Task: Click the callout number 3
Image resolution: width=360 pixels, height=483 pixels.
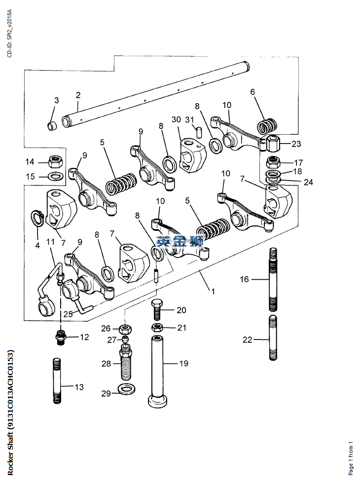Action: click(x=56, y=100)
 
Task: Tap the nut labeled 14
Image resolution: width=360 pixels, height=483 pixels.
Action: click(x=55, y=161)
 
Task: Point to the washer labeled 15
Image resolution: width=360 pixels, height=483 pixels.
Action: click(x=55, y=176)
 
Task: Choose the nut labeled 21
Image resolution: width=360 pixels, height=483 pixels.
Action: click(x=157, y=328)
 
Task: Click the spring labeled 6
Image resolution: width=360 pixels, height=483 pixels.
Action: click(x=267, y=126)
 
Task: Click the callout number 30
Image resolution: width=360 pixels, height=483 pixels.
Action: click(x=177, y=120)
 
